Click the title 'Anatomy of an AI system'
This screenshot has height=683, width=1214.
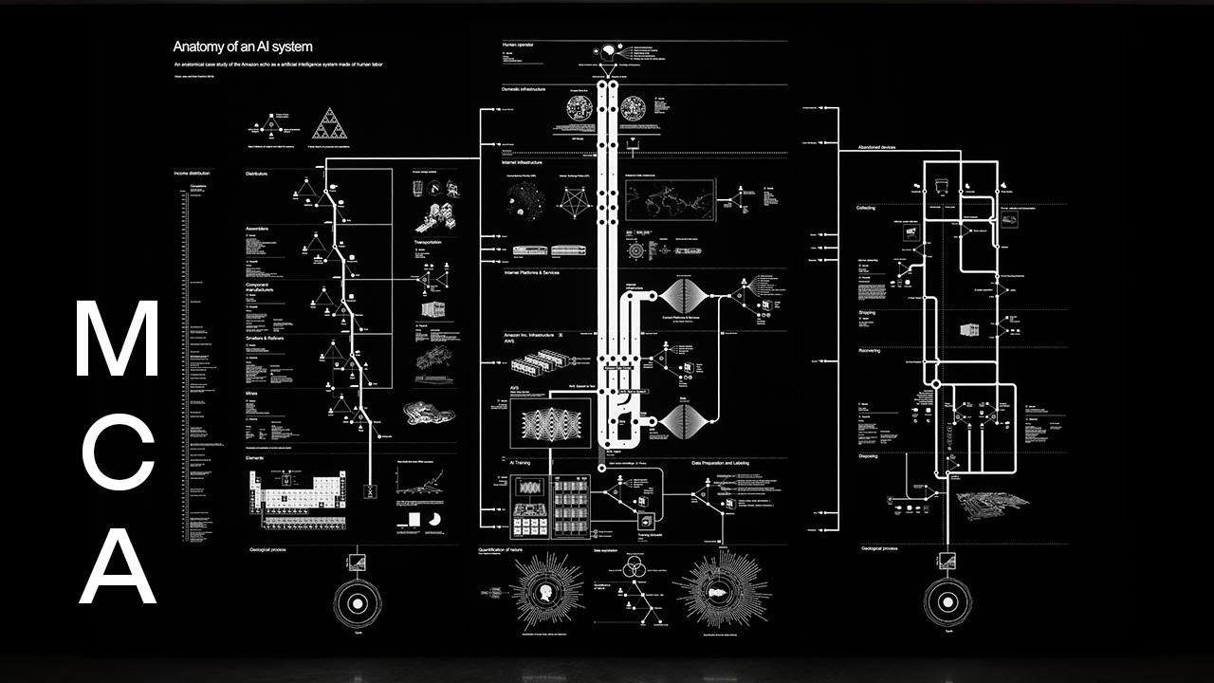242,46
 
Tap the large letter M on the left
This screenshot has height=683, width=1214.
117,340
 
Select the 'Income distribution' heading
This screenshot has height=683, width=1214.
193,175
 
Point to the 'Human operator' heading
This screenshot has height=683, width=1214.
520,46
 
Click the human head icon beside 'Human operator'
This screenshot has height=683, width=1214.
606,51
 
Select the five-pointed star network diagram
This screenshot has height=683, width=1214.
574,200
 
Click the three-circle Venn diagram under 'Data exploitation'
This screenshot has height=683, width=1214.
633,567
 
